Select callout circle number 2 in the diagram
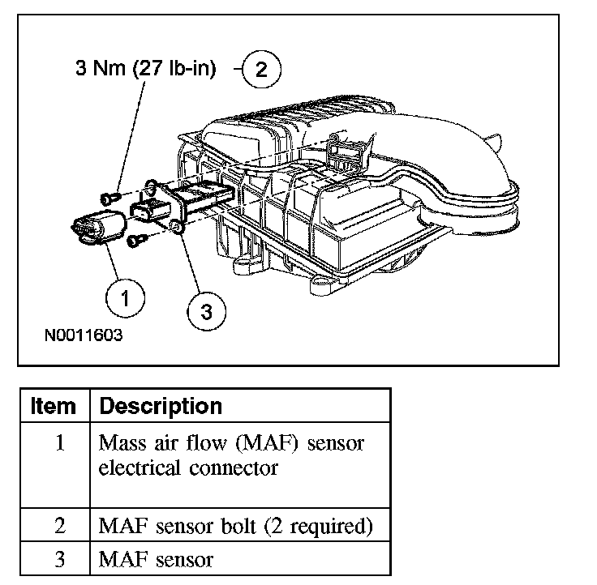260,69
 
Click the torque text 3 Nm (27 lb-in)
146,70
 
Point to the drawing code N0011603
84,335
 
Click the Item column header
54,405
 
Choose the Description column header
161,405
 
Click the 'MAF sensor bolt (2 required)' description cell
235,527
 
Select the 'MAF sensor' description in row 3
156,559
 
